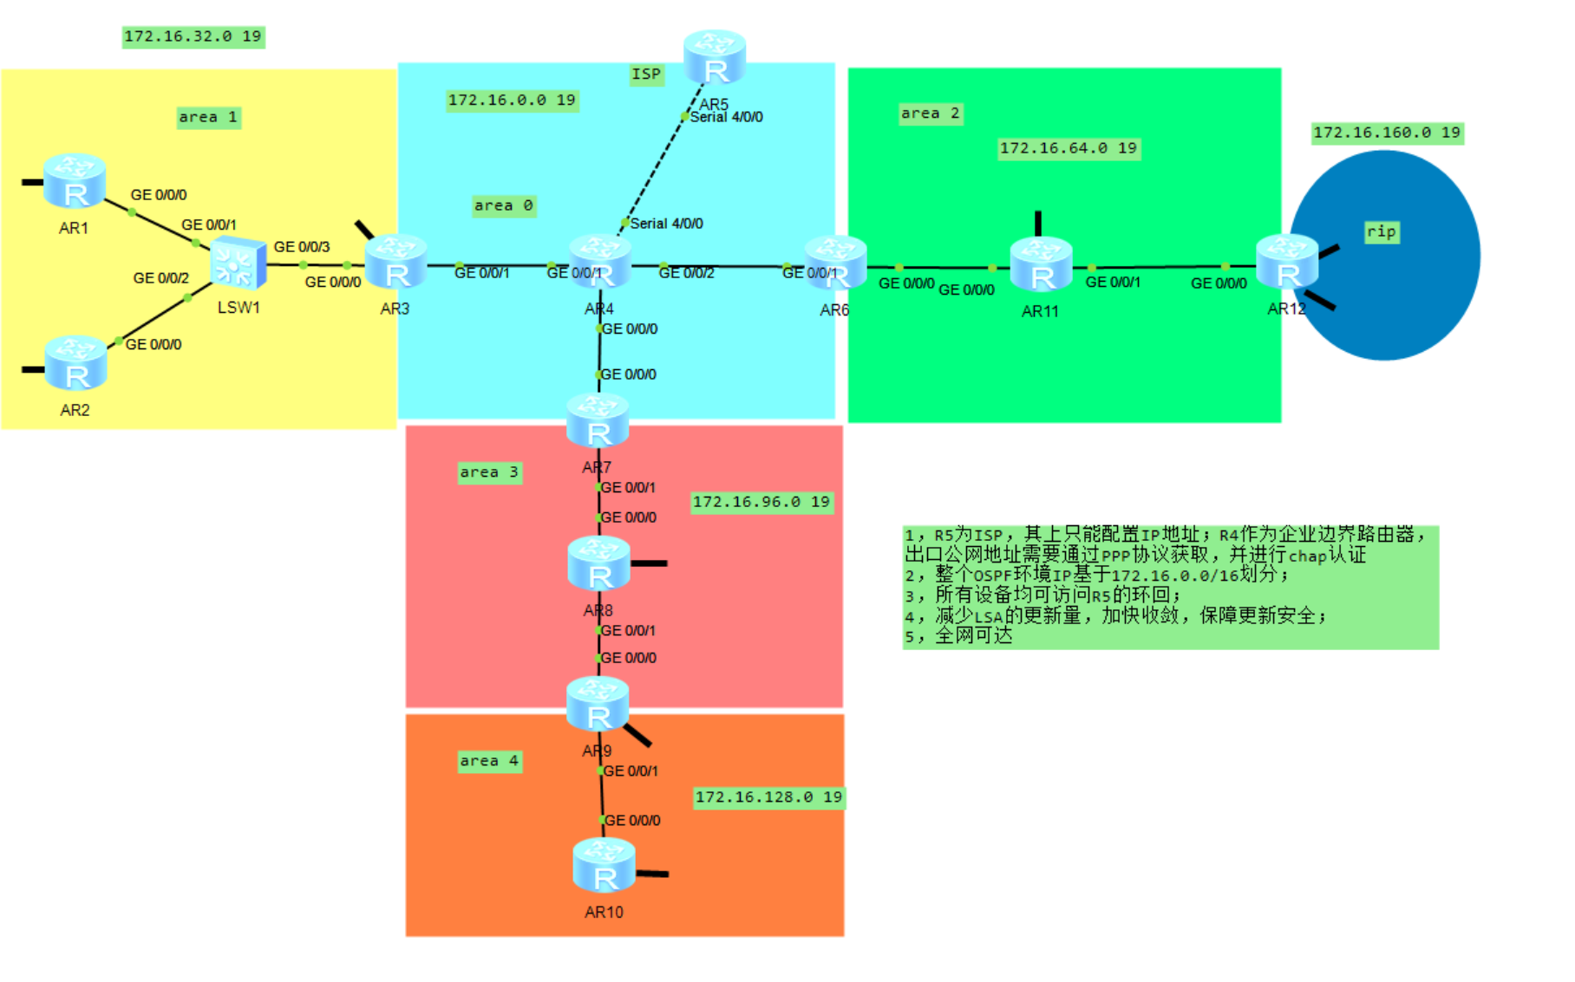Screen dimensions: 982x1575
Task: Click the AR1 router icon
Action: click(x=75, y=181)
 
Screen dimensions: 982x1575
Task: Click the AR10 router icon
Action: click(x=605, y=865)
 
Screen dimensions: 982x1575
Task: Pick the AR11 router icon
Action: click(x=1041, y=264)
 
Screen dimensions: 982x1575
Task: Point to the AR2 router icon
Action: click(x=75, y=363)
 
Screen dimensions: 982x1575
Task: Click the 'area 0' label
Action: click(x=503, y=205)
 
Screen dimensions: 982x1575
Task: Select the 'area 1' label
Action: click(x=208, y=117)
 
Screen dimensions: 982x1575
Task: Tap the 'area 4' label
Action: click(x=489, y=761)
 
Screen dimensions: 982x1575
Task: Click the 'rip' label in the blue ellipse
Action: click(x=1381, y=231)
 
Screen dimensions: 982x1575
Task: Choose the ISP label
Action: click(x=646, y=75)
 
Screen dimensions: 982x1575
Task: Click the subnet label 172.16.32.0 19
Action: click(x=193, y=36)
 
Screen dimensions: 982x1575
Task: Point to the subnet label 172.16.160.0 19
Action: click(x=1386, y=133)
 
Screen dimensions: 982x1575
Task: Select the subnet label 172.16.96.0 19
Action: click(x=761, y=502)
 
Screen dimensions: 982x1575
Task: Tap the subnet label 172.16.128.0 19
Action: click(x=768, y=797)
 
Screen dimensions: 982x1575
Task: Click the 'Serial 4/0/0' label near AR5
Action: click(x=726, y=117)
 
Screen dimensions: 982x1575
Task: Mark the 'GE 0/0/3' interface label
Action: click(x=302, y=247)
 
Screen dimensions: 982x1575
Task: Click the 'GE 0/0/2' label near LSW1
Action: click(x=160, y=278)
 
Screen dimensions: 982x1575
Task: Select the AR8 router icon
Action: click(x=599, y=563)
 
